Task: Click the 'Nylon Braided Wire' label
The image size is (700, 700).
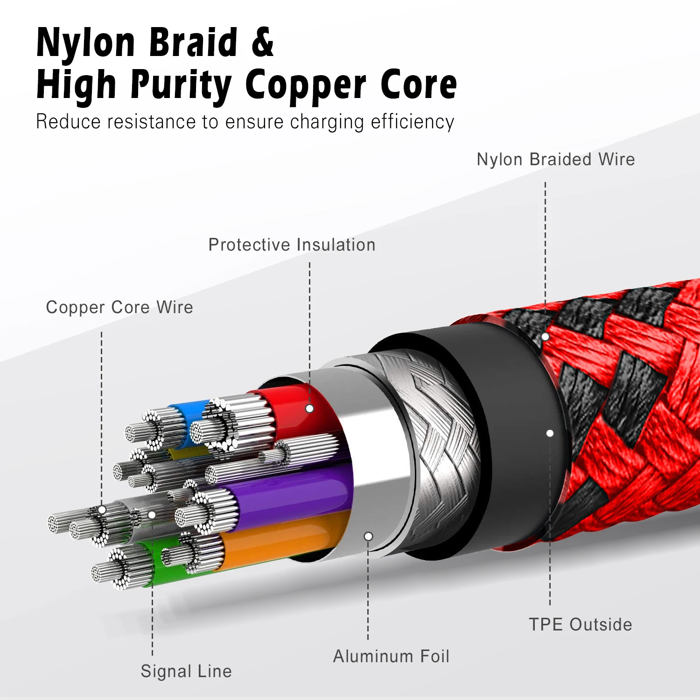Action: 555,160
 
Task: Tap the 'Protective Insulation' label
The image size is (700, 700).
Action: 292,245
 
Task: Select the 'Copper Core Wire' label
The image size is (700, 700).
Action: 119,308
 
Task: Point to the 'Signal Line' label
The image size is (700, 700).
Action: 186,672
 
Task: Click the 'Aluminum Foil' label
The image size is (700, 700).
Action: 391,657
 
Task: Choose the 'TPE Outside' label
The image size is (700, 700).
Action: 581,625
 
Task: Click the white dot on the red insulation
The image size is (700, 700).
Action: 309,409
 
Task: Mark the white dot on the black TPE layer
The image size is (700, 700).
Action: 550,434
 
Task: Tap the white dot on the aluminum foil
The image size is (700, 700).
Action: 368,537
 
